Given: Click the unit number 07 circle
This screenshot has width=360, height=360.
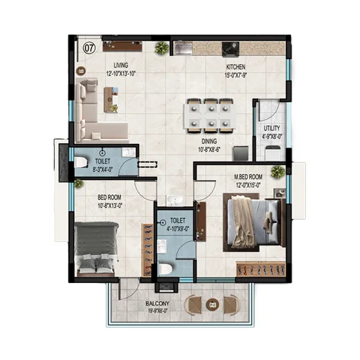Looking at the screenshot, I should pyautogui.click(x=89, y=48).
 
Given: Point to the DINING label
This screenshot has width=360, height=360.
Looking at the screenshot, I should pyautogui.click(x=209, y=142).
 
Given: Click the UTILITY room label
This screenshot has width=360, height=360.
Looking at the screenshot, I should pyautogui.click(x=271, y=129).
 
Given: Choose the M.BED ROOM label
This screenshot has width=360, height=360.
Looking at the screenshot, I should pyautogui.click(x=248, y=177).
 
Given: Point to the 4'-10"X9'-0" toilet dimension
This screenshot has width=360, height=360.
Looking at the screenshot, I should pyautogui.click(x=178, y=228).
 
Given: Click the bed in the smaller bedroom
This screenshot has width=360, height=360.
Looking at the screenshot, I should pyautogui.click(x=96, y=247).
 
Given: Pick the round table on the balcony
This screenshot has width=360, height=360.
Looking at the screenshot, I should pyautogui.click(x=213, y=306).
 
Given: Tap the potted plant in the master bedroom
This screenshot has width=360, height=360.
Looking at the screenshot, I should pyautogui.click(x=277, y=171).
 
